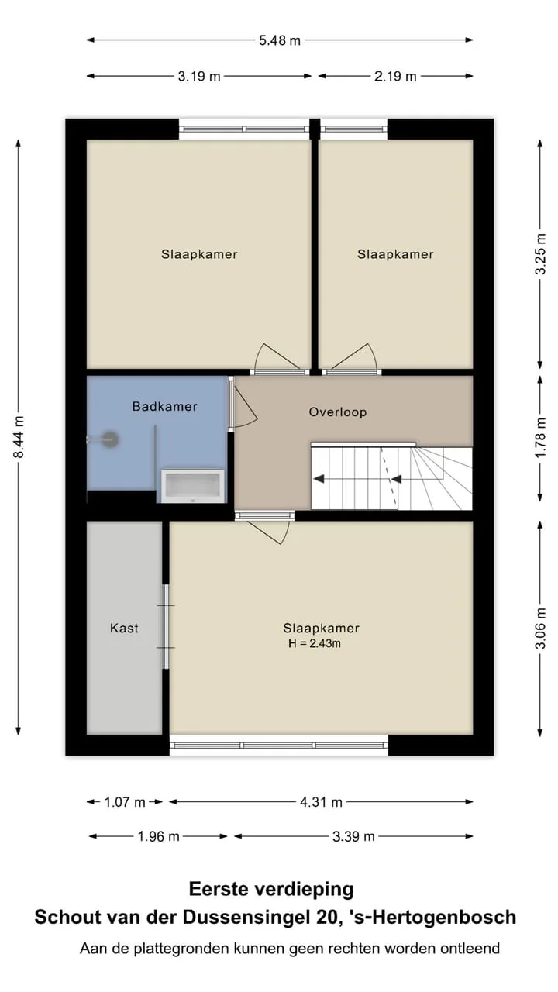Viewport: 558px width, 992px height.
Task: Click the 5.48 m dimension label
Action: (x=280, y=41)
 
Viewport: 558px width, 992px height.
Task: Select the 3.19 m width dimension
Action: (x=199, y=77)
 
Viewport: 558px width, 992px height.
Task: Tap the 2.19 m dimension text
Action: (x=395, y=77)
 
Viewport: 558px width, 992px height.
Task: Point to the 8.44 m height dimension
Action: (x=19, y=436)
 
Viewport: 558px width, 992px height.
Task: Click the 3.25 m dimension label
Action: (x=541, y=254)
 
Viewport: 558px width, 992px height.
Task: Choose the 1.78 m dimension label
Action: (x=541, y=439)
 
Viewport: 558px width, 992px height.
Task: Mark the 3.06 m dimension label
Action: (x=541, y=629)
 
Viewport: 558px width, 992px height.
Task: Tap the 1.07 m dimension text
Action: (x=125, y=802)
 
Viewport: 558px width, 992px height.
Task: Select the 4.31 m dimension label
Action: (x=321, y=802)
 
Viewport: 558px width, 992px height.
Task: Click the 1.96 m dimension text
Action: (x=158, y=836)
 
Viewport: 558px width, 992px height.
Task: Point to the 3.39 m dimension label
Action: (x=353, y=836)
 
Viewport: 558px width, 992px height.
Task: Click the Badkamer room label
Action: (x=165, y=407)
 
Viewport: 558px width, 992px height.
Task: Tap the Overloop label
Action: (x=338, y=412)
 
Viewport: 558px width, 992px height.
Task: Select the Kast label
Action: (x=124, y=628)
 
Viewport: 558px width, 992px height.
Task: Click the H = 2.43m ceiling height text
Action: (x=315, y=643)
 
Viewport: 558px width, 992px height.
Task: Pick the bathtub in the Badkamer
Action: (x=193, y=486)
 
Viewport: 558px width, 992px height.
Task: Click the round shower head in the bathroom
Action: (x=111, y=439)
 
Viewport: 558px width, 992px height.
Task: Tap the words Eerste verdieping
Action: (x=271, y=889)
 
